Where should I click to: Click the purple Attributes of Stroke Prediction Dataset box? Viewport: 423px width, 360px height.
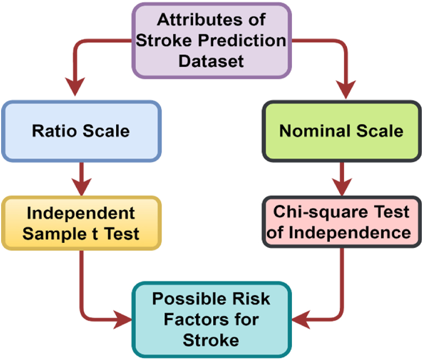point(211,40)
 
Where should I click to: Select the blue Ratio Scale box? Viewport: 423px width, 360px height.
point(81,131)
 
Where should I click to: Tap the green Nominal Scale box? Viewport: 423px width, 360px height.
point(341,131)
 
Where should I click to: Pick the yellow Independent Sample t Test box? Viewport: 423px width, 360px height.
point(81,223)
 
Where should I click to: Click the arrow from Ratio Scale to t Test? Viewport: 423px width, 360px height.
point(82,177)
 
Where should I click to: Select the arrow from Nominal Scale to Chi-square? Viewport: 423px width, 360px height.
point(341,177)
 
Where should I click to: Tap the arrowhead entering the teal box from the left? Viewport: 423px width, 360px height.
point(123,320)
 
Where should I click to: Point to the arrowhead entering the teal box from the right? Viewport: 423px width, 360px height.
point(300,320)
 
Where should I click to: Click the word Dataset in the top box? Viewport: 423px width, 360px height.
point(211,59)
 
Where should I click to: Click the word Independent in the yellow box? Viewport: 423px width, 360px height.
point(82,213)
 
